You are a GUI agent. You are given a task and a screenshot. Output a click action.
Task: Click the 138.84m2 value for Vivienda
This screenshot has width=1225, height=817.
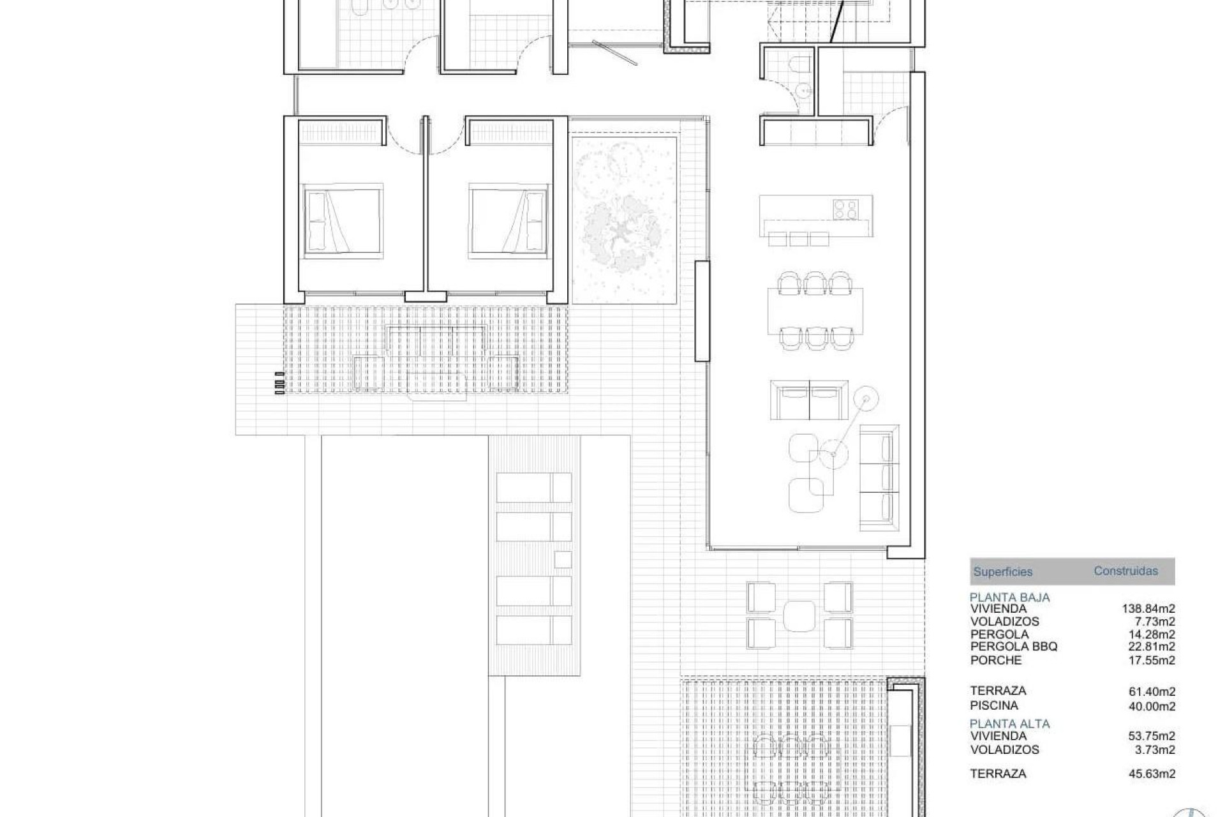click(x=1148, y=609)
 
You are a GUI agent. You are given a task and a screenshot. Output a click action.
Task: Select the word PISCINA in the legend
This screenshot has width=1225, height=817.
click(x=994, y=705)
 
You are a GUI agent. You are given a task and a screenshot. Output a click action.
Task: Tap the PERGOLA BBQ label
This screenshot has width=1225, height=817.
click(x=1014, y=647)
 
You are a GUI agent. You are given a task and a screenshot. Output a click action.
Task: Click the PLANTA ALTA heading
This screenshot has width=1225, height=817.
click(x=1009, y=724)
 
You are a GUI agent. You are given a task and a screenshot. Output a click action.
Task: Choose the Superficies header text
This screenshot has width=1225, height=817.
click(x=1002, y=572)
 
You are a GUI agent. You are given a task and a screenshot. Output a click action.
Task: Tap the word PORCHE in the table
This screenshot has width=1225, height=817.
click(x=996, y=660)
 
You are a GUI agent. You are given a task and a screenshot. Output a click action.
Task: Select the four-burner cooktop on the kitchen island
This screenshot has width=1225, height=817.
click(x=845, y=208)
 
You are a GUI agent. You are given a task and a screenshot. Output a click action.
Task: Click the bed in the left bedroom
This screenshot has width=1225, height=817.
click(x=343, y=221)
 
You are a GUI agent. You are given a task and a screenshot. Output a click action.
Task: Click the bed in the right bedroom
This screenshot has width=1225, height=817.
click(x=509, y=221)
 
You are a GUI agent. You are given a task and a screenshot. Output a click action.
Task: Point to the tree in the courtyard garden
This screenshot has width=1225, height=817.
click(x=622, y=230)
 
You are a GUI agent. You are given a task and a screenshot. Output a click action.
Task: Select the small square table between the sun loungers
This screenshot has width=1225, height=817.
click(x=562, y=560)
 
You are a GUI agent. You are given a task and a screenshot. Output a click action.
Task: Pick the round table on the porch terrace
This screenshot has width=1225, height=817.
click(x=799, y=615)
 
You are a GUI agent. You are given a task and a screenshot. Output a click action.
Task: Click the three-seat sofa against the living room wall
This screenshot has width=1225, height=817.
click(x=879, y=477)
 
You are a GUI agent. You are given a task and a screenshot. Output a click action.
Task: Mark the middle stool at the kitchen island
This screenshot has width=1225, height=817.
click(x=799, y=239)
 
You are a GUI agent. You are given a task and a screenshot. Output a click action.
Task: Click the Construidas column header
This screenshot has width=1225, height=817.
click(x=1125, y=571)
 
